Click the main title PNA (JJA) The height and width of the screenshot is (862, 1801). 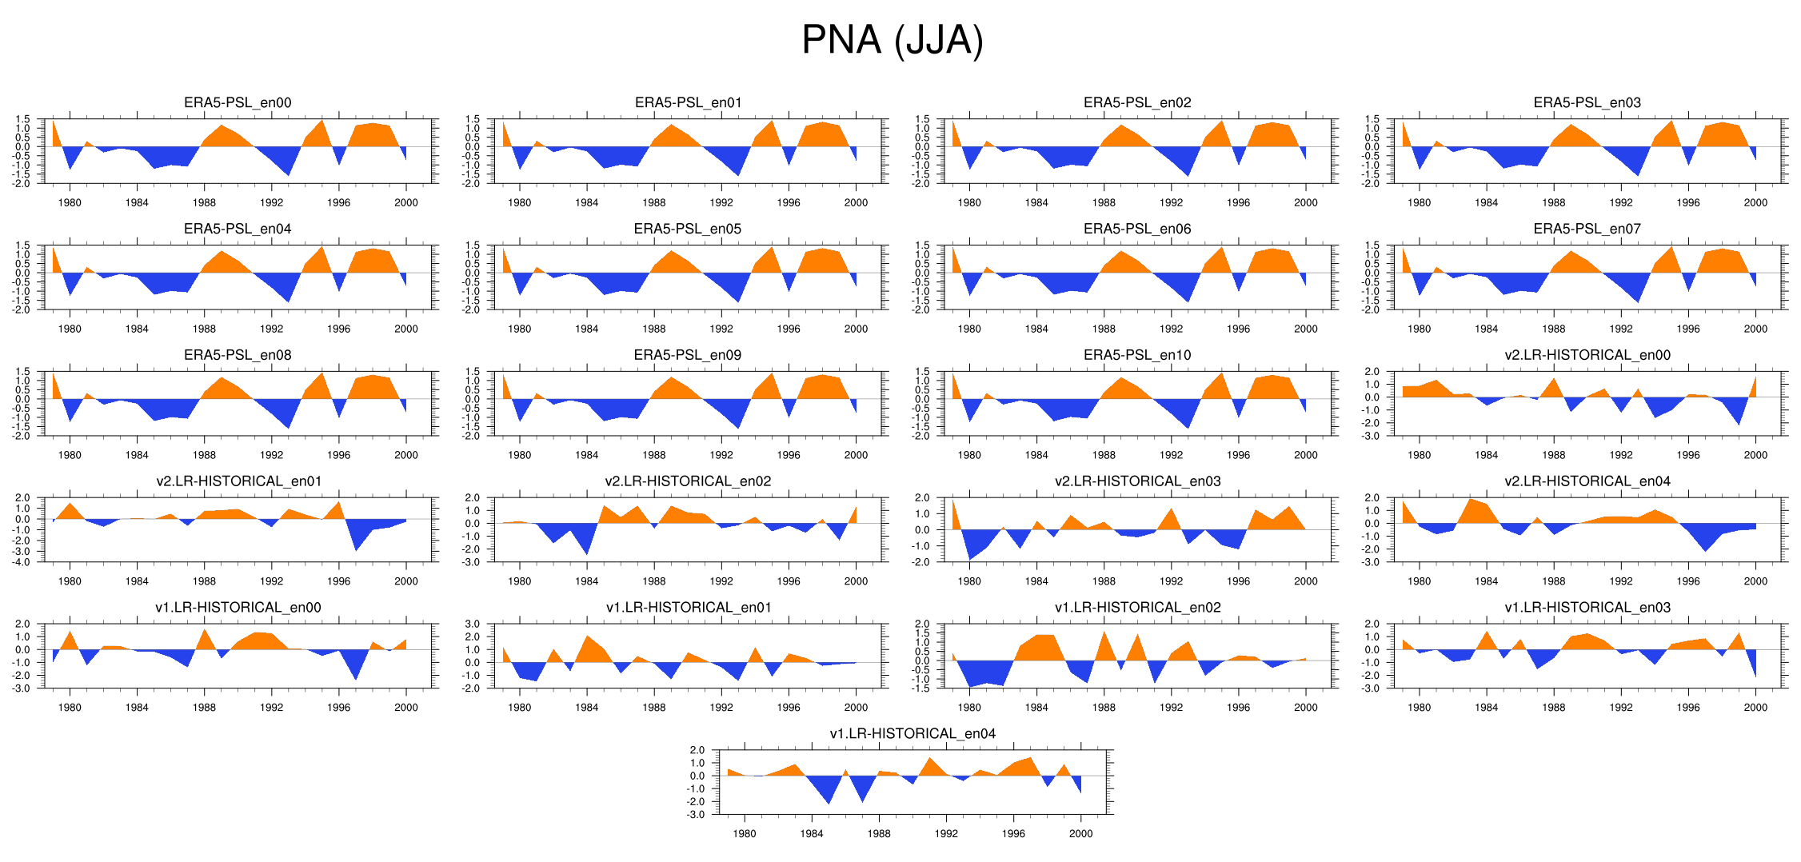892,40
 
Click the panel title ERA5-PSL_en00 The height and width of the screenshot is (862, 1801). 238,102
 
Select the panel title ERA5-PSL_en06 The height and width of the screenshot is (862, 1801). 1136,229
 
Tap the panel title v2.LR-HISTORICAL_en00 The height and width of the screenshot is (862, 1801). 1587,355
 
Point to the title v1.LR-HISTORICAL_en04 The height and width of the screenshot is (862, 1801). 912,733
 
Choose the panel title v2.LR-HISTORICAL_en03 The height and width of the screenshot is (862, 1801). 1137,481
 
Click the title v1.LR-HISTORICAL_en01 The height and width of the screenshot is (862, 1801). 688,607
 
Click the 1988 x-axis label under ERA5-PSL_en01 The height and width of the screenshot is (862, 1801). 653,203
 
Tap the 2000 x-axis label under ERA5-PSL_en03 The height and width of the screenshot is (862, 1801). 1755,203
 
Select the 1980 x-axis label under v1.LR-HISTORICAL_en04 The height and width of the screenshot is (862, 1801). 744,833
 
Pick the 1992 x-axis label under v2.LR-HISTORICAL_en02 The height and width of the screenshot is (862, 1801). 721,581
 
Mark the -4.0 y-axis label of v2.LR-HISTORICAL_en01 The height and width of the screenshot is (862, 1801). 22,562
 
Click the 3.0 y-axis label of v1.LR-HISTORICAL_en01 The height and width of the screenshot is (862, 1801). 472,625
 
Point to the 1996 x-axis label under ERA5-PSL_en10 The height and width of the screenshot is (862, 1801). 1238,455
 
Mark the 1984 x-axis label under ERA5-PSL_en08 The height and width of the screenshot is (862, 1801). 137,455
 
